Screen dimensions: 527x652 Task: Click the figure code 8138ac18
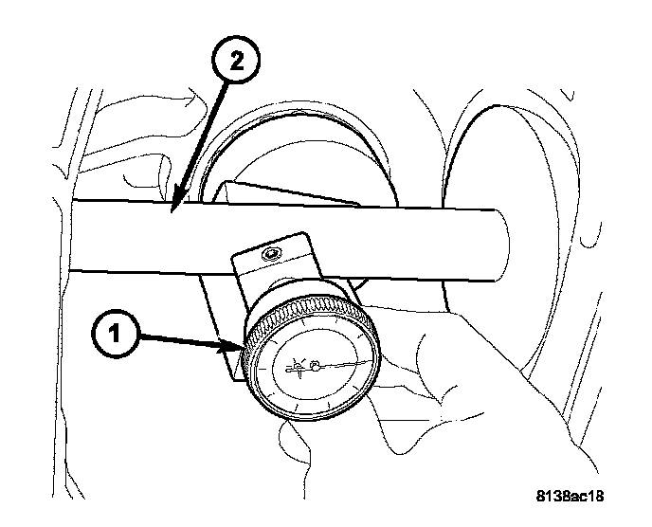tap(570, 495)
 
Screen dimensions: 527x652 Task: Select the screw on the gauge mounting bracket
tap(273, 254)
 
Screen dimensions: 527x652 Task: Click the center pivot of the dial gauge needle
tap(317, 362)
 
